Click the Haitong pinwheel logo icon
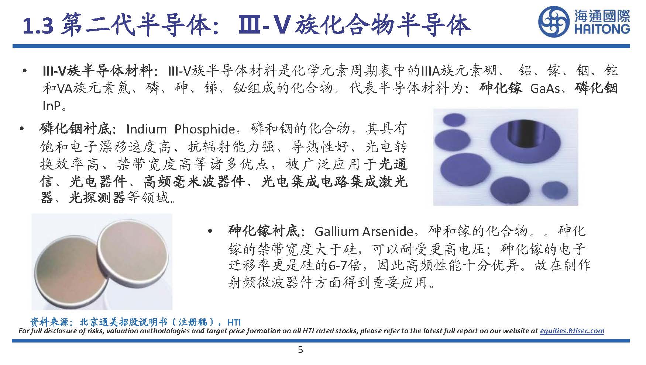[553, 21]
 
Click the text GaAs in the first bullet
[545, 89]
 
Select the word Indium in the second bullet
[146, 129]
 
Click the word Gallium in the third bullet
[337, 232]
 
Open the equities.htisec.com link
[572, 331]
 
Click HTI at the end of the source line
[234, 322]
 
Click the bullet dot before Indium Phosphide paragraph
[23, 129]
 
